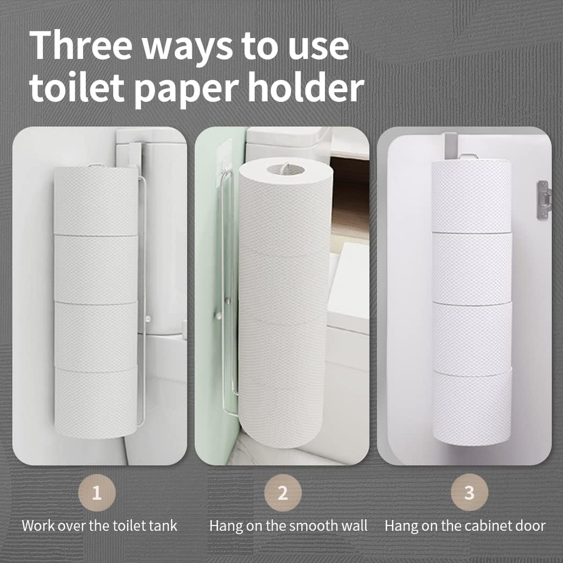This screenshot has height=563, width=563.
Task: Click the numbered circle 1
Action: tap(97, 492)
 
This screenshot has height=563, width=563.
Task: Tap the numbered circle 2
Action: tap(283, 492)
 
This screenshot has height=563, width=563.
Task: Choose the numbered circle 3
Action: tap(469, 492)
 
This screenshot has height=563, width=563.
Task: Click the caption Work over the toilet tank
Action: tap(100, 526)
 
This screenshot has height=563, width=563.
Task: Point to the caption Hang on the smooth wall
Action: tap(288, 526)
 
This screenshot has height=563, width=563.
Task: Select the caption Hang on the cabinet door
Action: tap(465, 526)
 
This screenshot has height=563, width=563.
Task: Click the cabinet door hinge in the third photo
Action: tap(543, 200)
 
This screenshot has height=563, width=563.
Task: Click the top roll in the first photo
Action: tap(96, 201)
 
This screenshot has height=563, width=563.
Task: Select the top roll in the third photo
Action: tap(471, 195)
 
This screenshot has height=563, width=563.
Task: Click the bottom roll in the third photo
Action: tap(472, 407)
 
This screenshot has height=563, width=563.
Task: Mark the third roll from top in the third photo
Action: tap(472, 338)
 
